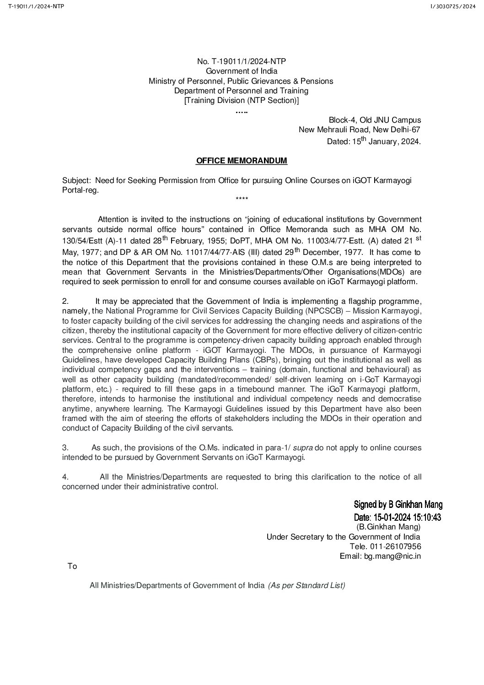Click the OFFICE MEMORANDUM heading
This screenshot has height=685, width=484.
click(242, 161)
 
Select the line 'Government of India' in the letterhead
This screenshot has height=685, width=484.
click(241, 71)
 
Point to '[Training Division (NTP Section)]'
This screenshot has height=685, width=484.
click(241, 101)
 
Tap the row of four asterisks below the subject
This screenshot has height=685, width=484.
click(242, 199)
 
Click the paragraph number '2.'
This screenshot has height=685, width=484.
click(65, 301)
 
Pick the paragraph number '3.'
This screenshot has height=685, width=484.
click(65, 447)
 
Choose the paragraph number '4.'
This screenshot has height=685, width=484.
click(65, 477)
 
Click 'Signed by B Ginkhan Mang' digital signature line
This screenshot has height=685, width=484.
click(398, 505)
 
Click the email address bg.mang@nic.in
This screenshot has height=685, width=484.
click(392, 556)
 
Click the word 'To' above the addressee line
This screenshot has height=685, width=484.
click(72, 566)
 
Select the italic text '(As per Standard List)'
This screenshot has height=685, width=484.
click(307, 585)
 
